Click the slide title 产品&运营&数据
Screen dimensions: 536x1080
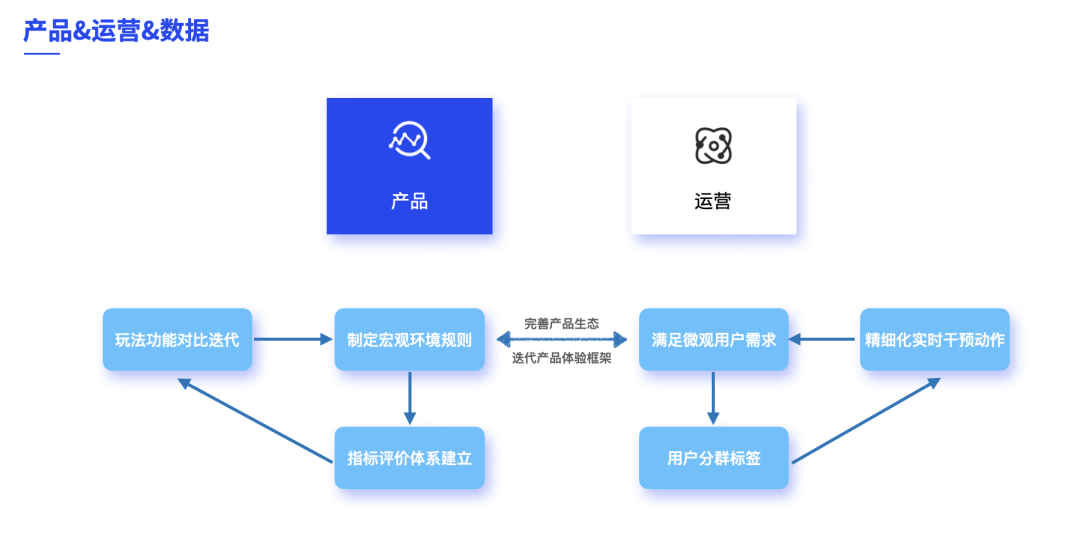click(116, 30)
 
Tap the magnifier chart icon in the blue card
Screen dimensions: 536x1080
click(409, 141)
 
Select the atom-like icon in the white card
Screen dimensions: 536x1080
click(713, 146)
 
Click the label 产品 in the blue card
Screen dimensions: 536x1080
click(409, 201)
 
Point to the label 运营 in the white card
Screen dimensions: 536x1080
click(713, 201)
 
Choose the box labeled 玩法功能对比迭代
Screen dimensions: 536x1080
click(177, 340)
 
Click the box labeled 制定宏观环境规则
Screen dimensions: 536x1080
click(409, 340)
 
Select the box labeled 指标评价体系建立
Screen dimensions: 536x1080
click(409, 458)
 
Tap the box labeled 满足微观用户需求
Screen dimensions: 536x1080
click(713, 340)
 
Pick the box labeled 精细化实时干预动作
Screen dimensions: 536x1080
click(934, 340)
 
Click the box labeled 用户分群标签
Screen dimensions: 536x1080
click(713, 458)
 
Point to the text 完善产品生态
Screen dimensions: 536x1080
click(561, 324)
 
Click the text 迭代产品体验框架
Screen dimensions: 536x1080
click(561, 358)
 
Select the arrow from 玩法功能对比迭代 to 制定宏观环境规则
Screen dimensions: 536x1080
click(292, 340)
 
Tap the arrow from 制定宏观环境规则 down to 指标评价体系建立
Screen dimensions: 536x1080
click(409, 398)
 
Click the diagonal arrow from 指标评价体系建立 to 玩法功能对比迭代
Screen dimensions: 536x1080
click(255, 420)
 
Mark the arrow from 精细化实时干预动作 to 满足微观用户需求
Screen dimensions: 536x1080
click(823, 340)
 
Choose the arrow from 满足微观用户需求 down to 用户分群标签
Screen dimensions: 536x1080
click(713, 398)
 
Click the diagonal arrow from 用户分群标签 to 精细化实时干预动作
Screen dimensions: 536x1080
click(866, 420)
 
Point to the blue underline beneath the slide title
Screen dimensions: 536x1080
click(41, 53)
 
